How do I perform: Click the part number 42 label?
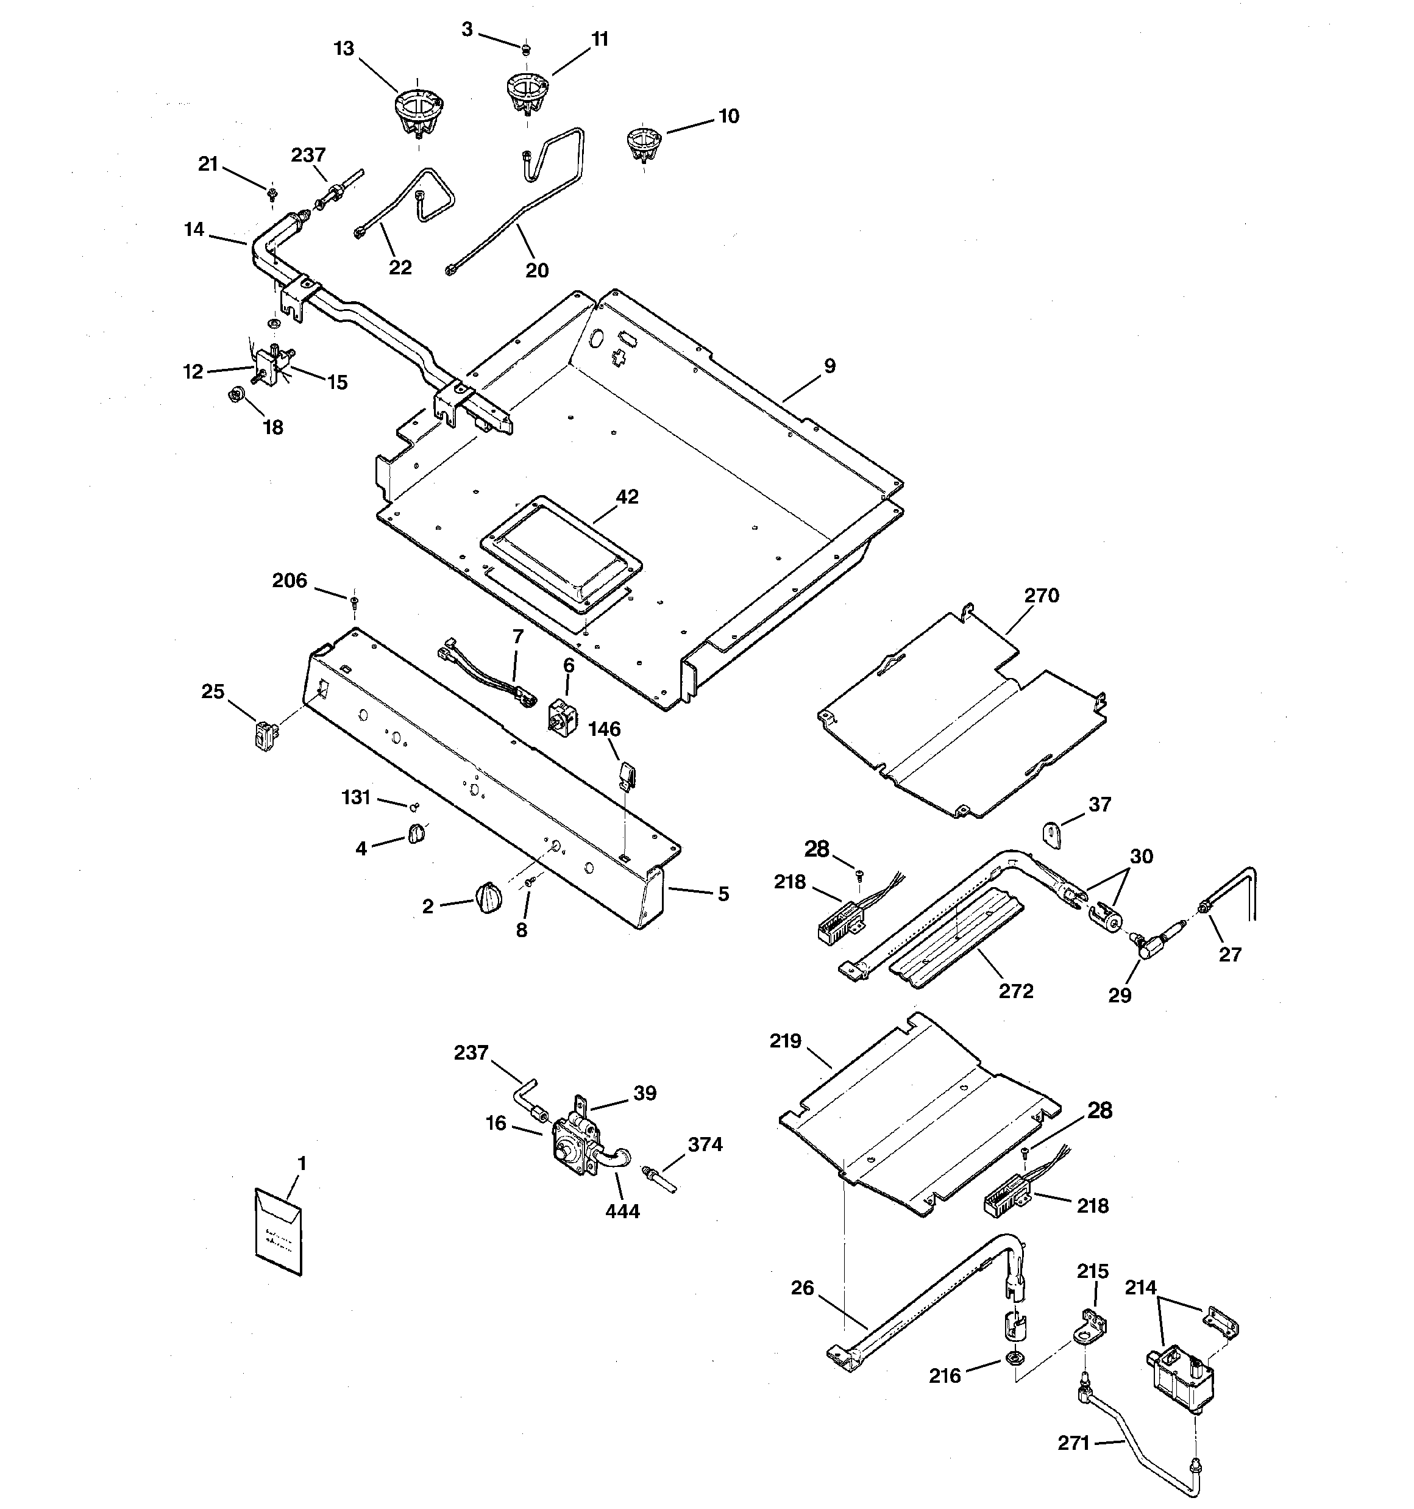pyautogui.click(x=627, y=496)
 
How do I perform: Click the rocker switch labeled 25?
pyautogui.click(x=264, y=737)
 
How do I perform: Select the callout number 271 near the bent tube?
pyautogui.click(x=1073, y=1443)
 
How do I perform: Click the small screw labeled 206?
pyautogui.click(x=353, y=601)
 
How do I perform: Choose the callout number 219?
pyautogui.click(x=785, y=1041)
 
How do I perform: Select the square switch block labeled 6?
pyautogui.click(x=561, y=715)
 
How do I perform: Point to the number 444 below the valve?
pyautogui.click(x=622, y=1211)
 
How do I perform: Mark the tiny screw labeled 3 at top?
pyautogui.click(x=525, y=49)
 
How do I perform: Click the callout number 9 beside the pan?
pyautogui.click(x=830, y=366)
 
